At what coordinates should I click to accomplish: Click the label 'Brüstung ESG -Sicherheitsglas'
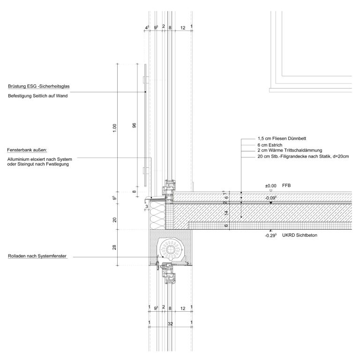click(39, 86)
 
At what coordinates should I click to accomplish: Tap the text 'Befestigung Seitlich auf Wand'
click(38, 96)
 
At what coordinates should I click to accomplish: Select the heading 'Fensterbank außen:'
click(27, 150)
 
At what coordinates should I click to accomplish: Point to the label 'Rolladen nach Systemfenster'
click(37, 256)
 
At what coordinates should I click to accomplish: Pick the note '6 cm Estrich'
click(270, 145)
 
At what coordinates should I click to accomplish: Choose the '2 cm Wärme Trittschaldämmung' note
click(290, 150)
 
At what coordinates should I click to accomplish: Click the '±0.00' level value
click(270, 186)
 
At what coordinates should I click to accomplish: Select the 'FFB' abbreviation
click(286, 186)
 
